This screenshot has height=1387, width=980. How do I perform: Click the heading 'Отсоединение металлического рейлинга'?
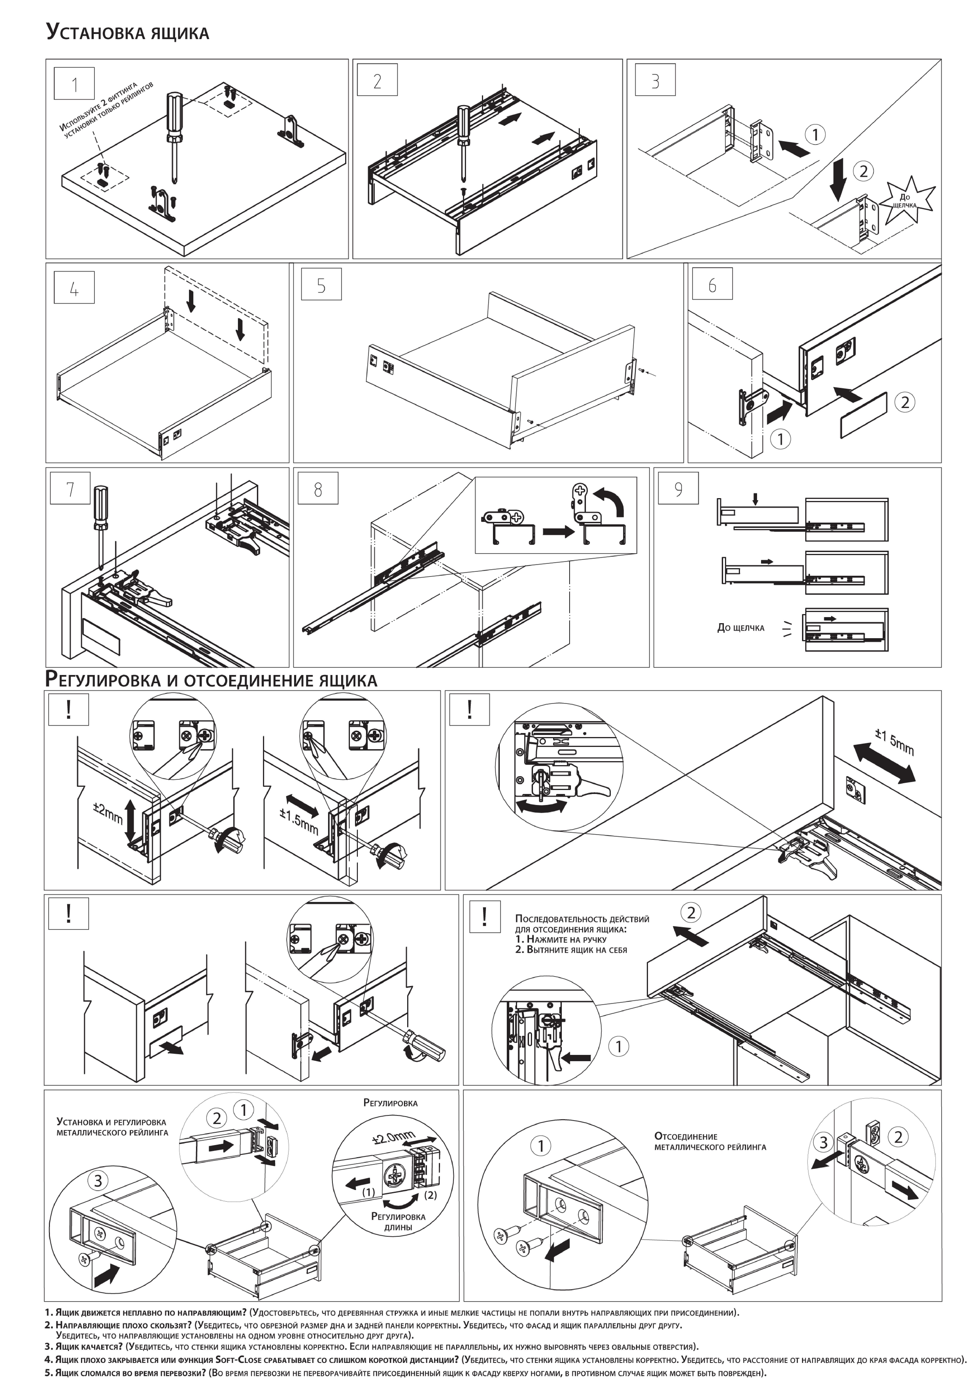coord(710,1141)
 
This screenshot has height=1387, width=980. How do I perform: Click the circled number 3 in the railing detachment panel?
coord(823,1142)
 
